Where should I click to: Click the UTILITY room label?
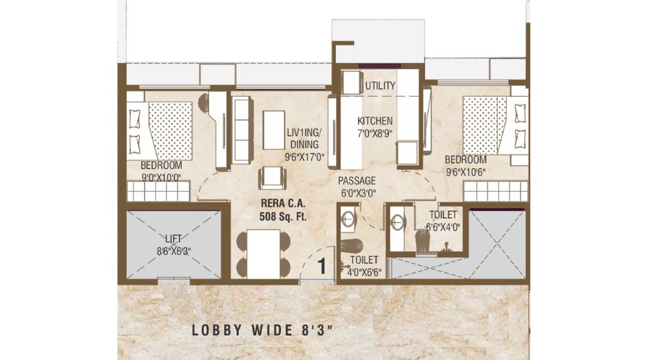380,86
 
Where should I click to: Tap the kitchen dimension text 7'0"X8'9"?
374,134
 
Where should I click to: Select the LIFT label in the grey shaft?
173,239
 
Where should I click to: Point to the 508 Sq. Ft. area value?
283,216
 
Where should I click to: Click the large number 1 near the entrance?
322,266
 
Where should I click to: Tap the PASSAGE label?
357,180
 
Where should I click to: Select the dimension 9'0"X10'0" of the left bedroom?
160,178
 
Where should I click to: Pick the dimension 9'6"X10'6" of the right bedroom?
465,172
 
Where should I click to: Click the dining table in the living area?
263,253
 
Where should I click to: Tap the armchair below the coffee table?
272,178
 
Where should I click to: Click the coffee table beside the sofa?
274,130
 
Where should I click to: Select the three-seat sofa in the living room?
242,130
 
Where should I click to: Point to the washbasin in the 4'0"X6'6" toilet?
348,219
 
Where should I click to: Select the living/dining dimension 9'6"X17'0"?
304,157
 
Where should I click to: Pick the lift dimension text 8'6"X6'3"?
173,251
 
